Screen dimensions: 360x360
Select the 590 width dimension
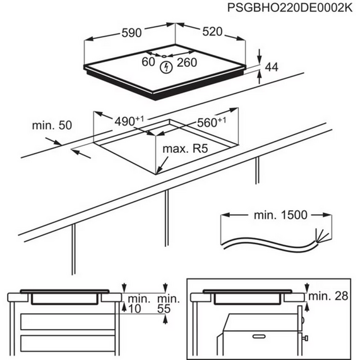click(131, 31)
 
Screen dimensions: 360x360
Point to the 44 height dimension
click(272, 67)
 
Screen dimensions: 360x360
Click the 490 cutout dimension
click(129, 120)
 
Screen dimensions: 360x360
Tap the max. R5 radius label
click(187, 150)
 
